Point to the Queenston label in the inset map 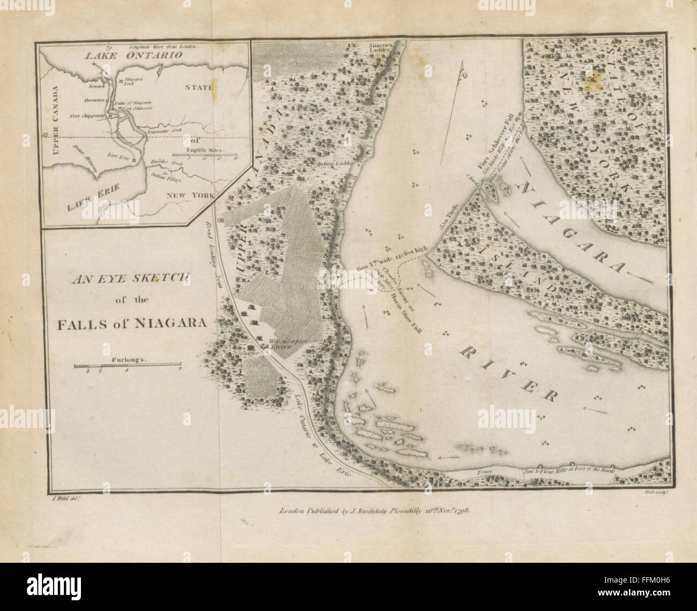click(94, 100)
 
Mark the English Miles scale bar click(205, 156)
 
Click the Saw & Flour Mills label click(568, 471)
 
